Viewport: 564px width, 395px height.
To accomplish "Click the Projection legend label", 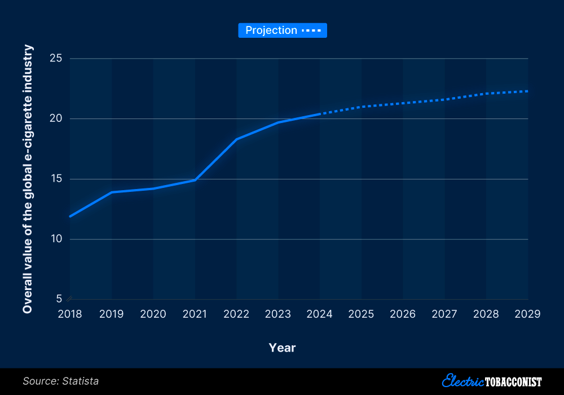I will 271,30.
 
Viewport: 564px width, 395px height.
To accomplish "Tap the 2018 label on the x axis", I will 70,314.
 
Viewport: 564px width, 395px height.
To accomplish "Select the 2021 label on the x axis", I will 195,314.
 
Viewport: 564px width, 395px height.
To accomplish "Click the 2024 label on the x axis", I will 320,314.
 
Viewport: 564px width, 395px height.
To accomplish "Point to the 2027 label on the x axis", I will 445,314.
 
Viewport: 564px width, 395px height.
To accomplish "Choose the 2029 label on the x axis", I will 528,314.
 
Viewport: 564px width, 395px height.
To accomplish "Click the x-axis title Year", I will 282,348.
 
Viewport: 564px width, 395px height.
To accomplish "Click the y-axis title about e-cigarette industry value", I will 28,179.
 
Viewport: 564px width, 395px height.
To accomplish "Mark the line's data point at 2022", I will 237,139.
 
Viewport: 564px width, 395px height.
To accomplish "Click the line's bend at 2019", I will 112,192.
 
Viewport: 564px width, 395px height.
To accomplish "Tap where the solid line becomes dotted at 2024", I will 320,114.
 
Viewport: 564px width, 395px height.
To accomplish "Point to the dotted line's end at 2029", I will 527,91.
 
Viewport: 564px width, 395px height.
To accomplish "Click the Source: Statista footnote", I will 60,381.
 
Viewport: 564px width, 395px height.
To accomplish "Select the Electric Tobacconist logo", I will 492,381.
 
